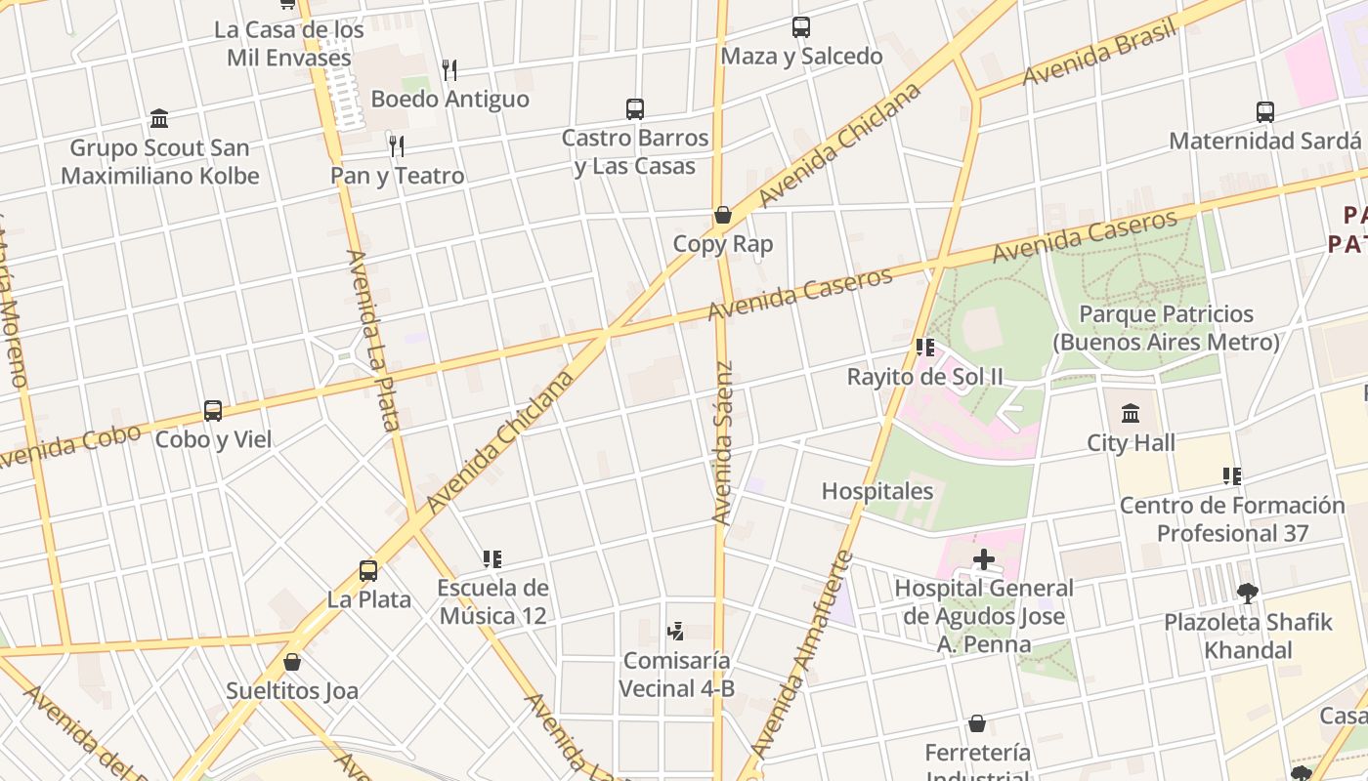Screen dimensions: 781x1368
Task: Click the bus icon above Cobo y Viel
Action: coord(213,411)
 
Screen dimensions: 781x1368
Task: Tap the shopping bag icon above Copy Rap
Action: coord(723,215)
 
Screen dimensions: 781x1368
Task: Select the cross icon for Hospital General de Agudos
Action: coord(984,559)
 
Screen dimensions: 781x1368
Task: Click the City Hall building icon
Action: coord(1131,414)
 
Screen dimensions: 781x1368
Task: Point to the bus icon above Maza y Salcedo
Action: coord(801,27)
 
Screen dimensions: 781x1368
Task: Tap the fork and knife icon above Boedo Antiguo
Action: coord(449,70)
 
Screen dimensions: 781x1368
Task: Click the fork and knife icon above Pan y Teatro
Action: coord(397,146)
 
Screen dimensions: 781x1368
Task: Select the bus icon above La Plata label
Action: coord(368,570)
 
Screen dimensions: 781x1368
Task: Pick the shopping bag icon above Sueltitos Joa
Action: coord(292,662)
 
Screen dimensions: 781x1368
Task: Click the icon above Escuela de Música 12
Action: coord(492,559)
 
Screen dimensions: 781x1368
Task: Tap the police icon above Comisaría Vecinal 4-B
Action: coord(675,632)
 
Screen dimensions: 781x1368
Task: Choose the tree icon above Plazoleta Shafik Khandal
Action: coord(1247,593)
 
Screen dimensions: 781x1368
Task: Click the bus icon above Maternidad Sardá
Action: coord(1265,112)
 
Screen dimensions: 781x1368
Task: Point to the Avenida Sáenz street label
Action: coord(722,443)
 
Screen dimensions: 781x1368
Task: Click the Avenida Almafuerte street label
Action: coord(804,656)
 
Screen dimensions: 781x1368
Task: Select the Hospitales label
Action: coord(877,491)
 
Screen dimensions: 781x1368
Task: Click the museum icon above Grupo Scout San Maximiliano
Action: coord(159,119)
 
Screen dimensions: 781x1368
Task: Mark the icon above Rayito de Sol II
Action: coord(925,348)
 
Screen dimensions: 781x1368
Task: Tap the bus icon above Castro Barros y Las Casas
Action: coord(635,109)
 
